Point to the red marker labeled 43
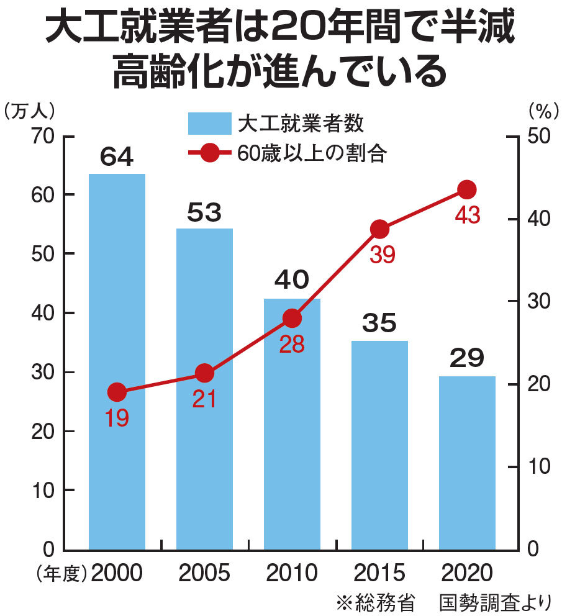coord(467,189)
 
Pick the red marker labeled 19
coord(117,392)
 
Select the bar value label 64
coord(117,157)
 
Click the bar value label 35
coord(379,324)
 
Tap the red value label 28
coord(292,345)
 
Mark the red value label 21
coord(204,399)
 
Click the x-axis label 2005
coord(204,573)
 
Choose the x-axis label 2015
coord(379,573)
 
